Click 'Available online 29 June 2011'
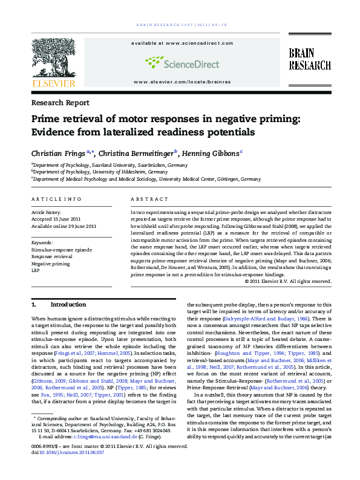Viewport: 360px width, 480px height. tap(64, 226)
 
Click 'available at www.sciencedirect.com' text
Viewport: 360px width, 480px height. tap(179, 44)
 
